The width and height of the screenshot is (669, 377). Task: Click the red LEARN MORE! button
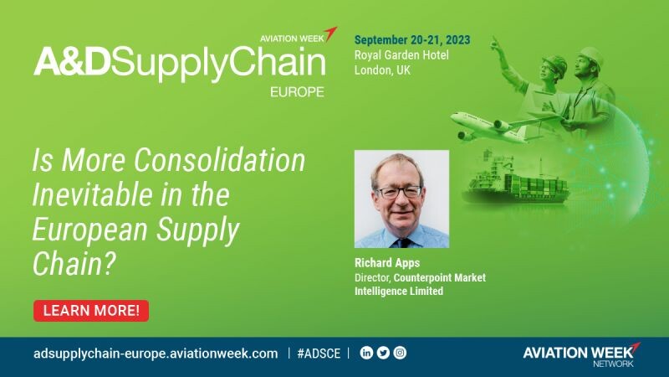[x=91, y=311]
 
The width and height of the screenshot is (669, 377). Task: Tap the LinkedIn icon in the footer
[x=366, y=353]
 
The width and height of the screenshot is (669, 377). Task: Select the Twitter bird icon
[x=383, y=353]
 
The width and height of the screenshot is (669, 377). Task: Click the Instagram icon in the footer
[x=400, y=353]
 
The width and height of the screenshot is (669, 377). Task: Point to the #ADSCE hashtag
[x=319, y=354]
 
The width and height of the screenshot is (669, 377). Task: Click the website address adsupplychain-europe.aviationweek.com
[x=156, y=354]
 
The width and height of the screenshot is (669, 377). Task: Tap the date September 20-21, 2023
[x=412, y=40]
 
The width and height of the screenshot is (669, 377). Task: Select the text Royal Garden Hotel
[x=401, y=55]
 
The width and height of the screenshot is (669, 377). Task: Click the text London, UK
[x=382, y=70]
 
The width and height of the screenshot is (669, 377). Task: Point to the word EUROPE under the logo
[x=297, y=92]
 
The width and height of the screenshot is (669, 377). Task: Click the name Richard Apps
[x=387, y=263]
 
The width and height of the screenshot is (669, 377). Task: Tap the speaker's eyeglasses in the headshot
[x=400, y=192]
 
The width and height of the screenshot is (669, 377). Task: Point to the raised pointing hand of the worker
[x=495, y=44]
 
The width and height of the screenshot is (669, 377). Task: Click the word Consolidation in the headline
[x=220, y=160]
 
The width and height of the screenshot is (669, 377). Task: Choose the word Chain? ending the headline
[x=74, y=264]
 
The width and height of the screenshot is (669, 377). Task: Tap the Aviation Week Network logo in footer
[x=582, y=354]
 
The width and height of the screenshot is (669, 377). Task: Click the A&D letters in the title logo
[x=72, y=62]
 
